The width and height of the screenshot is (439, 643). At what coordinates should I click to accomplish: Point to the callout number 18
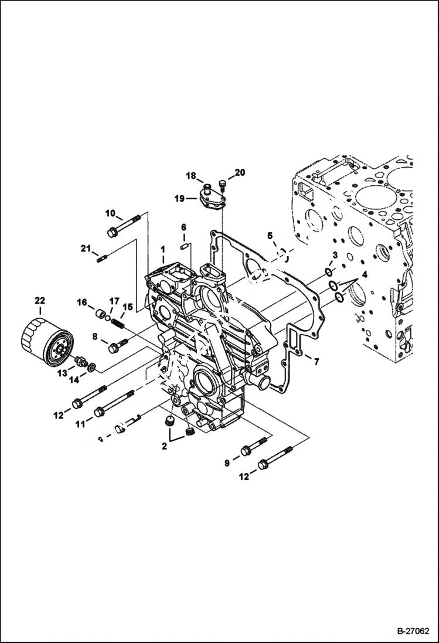[191, 176]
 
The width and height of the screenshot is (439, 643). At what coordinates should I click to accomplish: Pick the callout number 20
[240, 172]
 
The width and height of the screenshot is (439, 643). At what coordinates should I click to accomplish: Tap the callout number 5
[270, 236]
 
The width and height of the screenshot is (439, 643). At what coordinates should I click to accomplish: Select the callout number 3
[335, 254]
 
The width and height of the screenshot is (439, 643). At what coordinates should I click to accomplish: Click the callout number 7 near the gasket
[316, 362]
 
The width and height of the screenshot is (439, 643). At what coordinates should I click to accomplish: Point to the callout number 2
[165, 446]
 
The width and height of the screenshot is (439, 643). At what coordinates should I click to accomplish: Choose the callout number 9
[227, 464]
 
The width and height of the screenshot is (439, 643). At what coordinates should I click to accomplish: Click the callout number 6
[183, 227]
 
